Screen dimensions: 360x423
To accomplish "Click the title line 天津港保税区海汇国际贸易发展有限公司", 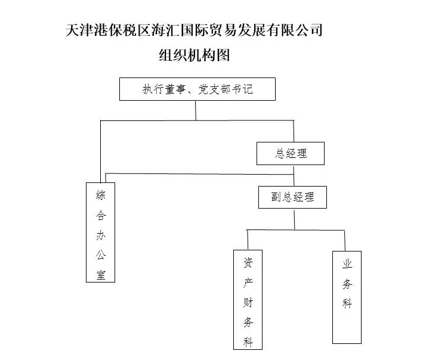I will click(194, 30).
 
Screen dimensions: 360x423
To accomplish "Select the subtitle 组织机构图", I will click(194, 55).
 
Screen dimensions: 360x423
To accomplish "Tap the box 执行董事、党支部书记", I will click(197, 89).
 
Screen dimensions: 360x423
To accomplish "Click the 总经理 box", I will click(291, 153).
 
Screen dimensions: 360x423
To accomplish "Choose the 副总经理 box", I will click(293, 197).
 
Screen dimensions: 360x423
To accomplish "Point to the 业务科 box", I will click(347, 297).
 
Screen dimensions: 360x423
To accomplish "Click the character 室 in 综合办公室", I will click(100, 274).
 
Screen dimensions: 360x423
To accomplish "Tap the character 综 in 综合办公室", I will click(100, 195).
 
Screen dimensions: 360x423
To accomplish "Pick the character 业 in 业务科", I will click(347, 263).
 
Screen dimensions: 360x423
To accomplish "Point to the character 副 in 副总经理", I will click(276, 197).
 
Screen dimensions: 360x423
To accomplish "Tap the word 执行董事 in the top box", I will click(162, 89).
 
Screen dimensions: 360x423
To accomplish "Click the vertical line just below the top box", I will click(196, 110).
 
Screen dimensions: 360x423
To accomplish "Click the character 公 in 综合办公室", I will click(100, 255).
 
